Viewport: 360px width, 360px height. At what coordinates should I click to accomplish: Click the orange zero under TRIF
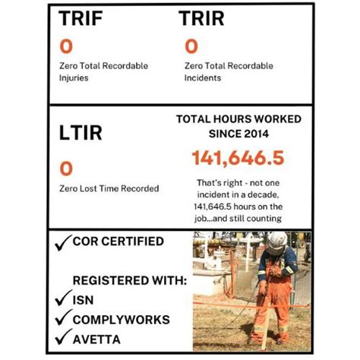[66, 46]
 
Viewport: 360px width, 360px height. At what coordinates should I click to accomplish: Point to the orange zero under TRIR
[191, 46]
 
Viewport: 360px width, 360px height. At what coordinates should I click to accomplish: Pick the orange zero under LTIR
[66, 167]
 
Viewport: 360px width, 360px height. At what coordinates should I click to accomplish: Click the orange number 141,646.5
[238, 158]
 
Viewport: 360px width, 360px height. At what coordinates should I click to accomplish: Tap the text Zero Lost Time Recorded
[109, 188]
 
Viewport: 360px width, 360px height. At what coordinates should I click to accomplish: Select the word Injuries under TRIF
[74, 77]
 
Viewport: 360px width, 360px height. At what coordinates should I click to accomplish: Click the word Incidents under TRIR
[201, 77]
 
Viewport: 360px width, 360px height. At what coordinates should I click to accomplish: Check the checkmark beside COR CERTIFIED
[63, 243]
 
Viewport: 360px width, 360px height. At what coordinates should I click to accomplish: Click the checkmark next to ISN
[63, 299]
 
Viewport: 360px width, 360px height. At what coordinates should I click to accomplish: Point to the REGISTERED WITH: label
[130, 280]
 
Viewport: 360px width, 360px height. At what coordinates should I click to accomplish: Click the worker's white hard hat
[275, 242]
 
